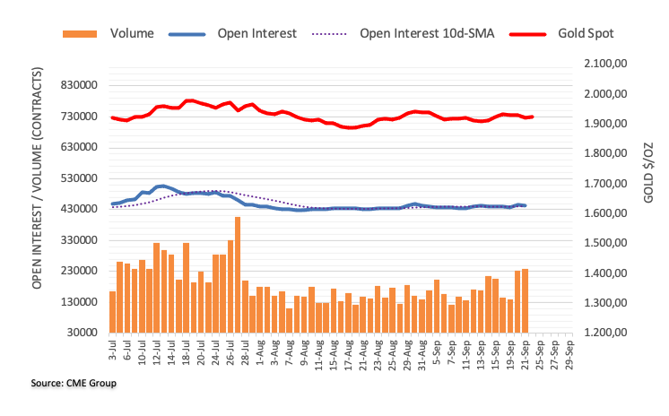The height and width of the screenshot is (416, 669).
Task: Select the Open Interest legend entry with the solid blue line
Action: (256, 34)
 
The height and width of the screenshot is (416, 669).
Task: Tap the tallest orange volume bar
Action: (238, 274)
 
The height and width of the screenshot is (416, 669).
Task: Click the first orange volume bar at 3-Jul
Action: (113, 311)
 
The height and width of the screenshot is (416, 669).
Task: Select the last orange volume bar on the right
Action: (525, 300)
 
